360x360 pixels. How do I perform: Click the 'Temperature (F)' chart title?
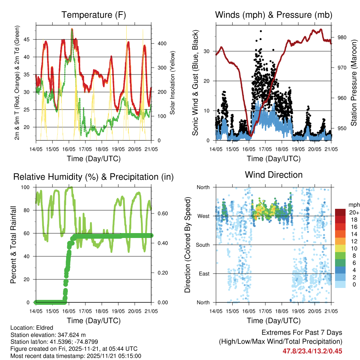94,15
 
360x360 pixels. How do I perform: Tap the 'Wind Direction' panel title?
274,175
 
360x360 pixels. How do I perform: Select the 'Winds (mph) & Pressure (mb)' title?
274,15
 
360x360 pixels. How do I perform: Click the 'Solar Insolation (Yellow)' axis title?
173,83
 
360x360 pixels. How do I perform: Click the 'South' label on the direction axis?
203,245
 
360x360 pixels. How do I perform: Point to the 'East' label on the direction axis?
204,274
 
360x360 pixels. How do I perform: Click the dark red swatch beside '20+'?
341,212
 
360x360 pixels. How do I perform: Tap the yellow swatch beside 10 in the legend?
341,248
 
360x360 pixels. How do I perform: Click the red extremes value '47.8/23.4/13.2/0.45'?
312,351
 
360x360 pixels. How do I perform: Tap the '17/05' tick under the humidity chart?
85,311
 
